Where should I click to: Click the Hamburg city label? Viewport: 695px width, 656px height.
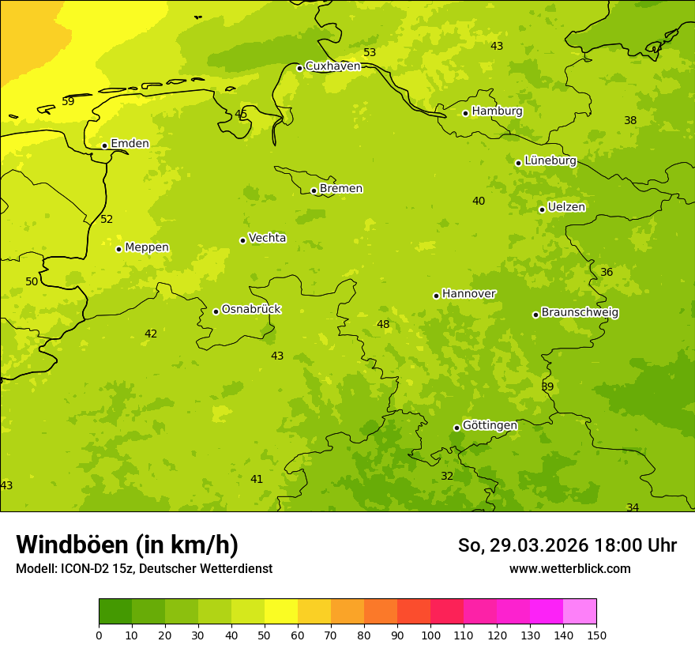pyautogui.click(x=497, y=111)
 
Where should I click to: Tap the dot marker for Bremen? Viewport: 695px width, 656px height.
pyautogui.click(x=314, y=190)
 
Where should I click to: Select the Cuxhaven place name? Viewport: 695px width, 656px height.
pyautogui.click(x=332, y=66)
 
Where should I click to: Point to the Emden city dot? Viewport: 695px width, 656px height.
pyautogui.click(x=104, y=145)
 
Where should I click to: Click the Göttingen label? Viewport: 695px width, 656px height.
pyautogui.click(x=490, y=426)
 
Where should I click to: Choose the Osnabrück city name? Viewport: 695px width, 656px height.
pyautogui.click(x=251, y=310)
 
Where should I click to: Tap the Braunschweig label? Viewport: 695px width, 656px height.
pyautogui.click(x=580, y=313)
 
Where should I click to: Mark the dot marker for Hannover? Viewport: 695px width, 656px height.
pyautogui.click(x=436, y=296)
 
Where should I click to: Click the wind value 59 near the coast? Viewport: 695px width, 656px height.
pyautogui.click(x=68, y=102)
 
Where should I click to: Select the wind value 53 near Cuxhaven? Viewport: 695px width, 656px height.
pyautogui.click(x=370, y=53)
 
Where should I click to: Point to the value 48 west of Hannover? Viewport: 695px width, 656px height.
pyautogui.click(x=383, y=325)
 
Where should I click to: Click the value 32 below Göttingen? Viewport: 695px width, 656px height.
pyautogui.click(x=447, y=477)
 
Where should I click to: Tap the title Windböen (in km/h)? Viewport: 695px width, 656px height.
pyautogui.click(x=127, y=545)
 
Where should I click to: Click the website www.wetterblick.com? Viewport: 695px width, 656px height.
pyautogui.click(x=569, y=569)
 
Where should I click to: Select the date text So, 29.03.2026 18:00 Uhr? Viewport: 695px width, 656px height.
pyautogui.click(x=567, y=545)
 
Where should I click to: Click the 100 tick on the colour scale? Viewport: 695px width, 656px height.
pyautogui.click(x=430, y=635)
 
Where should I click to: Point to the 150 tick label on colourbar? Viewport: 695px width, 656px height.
pyautogui.click(x=596, y=635)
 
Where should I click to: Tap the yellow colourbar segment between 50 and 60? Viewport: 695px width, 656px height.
pyautogui.click(x=281, y=612)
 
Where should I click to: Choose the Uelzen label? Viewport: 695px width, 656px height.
pyautogui.click(x=566, y=208)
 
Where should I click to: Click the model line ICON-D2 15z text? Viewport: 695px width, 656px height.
pyautogui.click(x=144, y=569)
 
